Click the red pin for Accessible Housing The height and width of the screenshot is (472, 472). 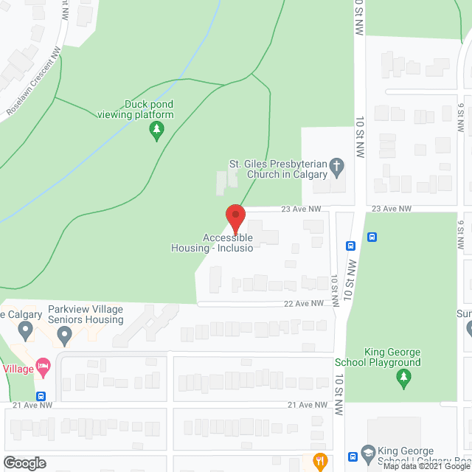(235, 218)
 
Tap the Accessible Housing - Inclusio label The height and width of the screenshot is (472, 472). (229, 243)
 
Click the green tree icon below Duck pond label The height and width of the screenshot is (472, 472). (156, 132)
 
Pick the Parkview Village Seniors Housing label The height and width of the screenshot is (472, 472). (86, 315)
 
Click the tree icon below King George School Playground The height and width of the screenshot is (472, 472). (403, 379)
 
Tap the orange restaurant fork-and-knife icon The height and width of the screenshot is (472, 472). (319, 462)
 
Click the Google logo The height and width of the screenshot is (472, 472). (24, 463)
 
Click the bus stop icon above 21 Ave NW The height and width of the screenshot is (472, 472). (41, 396)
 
